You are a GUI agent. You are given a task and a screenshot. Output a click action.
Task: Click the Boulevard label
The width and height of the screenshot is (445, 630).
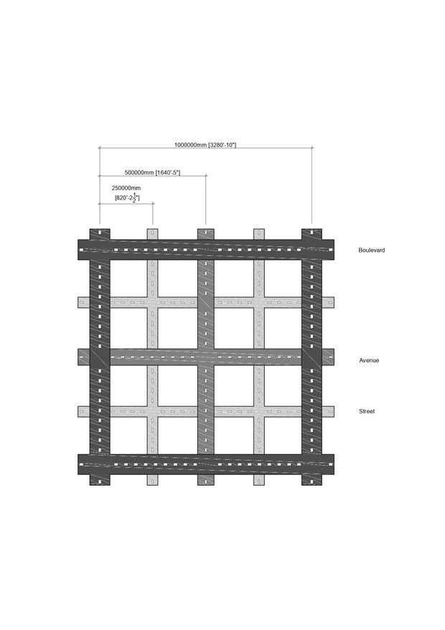[x=372, y=250]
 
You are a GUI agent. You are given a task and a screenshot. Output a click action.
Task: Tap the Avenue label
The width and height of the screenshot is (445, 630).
[x=369, y=360]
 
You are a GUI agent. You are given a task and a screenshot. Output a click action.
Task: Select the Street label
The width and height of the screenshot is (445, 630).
[x=367, y=411]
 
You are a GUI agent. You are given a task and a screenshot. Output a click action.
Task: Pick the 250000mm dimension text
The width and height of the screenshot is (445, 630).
[x=126, y=187]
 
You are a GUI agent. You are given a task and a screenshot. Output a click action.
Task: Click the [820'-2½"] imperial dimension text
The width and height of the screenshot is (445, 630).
[x=127, y=197]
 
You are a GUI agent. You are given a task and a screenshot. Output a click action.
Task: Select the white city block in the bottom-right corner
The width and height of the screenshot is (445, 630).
[x=283, y=436]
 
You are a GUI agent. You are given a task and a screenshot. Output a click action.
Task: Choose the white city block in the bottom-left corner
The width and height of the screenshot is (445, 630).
[x=128, y=436]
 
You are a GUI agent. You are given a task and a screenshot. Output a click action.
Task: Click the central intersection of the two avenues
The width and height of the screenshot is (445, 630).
[x=206, y=357]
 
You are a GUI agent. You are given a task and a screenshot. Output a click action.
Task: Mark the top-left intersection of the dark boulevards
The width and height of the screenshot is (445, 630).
[x=100, y=250]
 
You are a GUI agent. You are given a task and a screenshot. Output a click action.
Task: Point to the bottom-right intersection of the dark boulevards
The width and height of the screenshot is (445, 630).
[x=312, y=464]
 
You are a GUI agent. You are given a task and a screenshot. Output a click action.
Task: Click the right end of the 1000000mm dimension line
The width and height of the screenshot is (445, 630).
[x=312, y=148]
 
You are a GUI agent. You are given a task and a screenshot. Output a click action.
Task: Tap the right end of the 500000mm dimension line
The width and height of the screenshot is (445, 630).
[x=206, y=176]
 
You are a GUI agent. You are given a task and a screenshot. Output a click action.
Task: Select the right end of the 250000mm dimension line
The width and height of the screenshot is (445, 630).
[x=153, y=204]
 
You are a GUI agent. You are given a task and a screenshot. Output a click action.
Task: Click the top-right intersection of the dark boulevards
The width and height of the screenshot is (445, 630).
[x=312, y=250]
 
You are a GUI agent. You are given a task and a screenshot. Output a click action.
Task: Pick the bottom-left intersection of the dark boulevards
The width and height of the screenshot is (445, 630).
[x=100, y=464]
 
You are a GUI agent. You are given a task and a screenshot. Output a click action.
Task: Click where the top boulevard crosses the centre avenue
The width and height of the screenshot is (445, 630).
[x=206, y=250]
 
